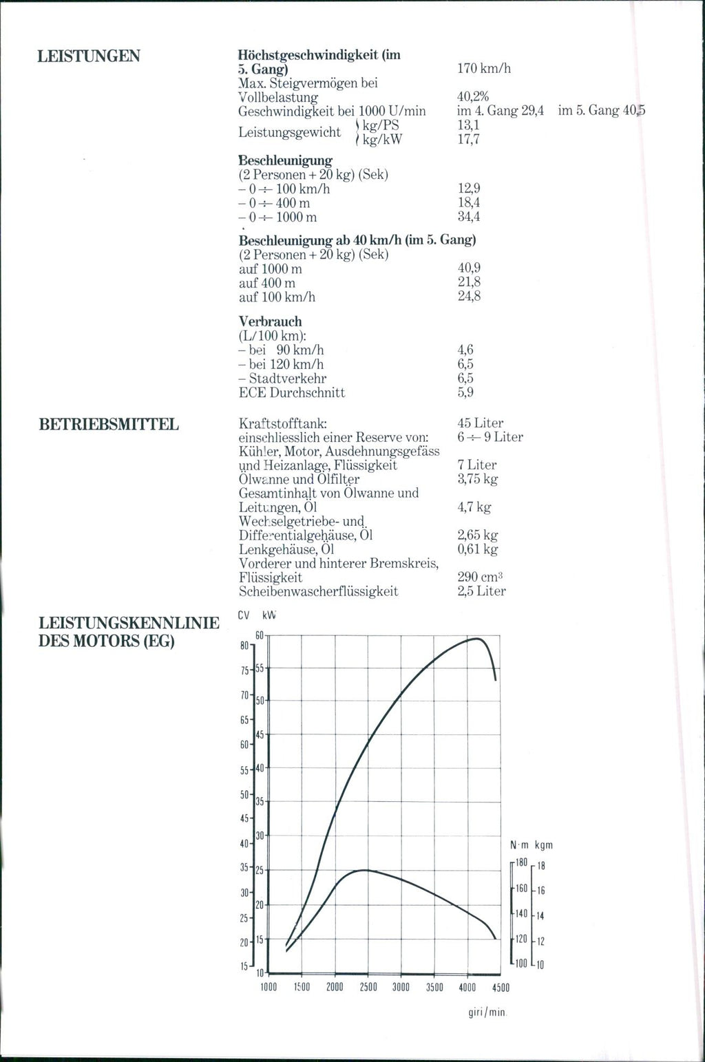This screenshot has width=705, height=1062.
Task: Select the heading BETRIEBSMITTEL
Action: (x=109, y=425)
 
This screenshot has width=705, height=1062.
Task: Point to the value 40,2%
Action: (x=472, y=97)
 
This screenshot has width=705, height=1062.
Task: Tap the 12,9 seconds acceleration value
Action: (x=469, y=189)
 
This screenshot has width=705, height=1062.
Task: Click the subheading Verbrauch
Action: (x=270, y=321)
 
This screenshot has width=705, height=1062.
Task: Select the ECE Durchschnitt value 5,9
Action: (x=465, y=393)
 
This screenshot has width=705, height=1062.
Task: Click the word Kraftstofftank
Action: (x=282, y=423)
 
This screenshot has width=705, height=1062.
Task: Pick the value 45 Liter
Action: (x=480, y=423)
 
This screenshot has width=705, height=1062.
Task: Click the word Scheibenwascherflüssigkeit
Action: (x=318, y=591)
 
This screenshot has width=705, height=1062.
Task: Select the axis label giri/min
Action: (x=487, y=1012)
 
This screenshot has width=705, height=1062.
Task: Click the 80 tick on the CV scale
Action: (x=244, y=646)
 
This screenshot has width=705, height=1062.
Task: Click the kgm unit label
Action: (x=543, y=845)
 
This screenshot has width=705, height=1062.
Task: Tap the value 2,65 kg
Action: (x=477, y=535)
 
